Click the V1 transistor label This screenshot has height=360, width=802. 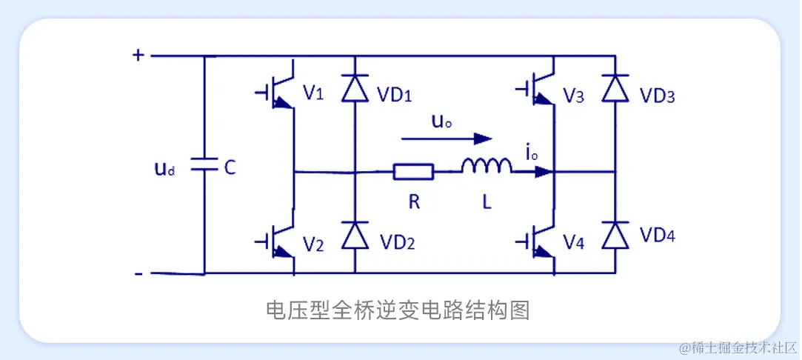pos(313,93)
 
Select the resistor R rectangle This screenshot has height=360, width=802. pos(413,173)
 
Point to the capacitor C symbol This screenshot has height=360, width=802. pos(204,167)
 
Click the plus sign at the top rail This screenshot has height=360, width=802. pos(138,54)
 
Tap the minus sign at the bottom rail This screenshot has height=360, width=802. pos(138,273)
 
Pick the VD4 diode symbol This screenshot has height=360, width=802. pos(614,236)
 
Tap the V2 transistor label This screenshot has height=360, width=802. pos(313,244)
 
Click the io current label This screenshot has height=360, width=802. pos(530,154)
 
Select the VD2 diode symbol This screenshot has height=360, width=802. pos(355,236)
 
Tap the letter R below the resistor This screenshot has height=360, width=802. pos(414,201)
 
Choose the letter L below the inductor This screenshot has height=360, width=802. pos(487,201)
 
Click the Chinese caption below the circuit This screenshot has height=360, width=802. pos(398,310)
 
